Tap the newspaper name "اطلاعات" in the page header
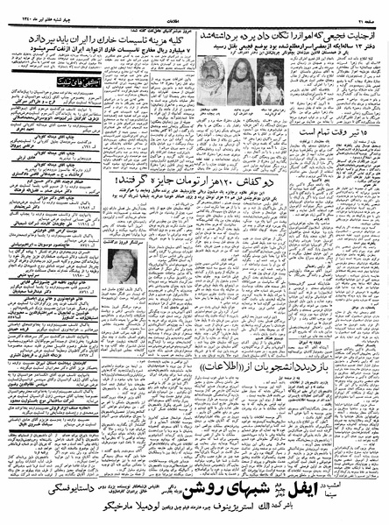click(194, 8)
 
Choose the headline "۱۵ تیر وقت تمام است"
click(332, 131)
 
